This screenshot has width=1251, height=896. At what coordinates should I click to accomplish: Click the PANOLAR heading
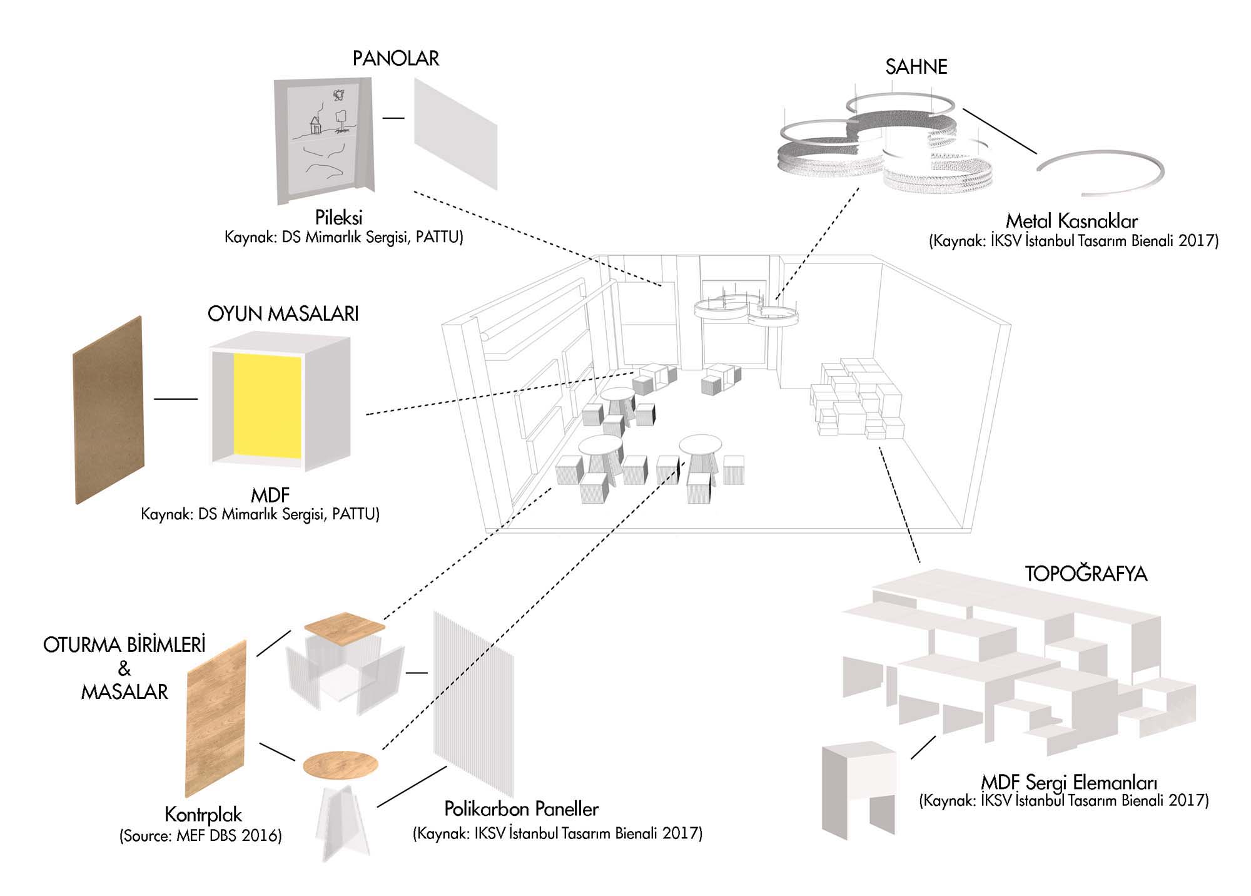coord(395,58)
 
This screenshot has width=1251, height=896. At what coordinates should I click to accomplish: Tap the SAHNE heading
coord(916,66)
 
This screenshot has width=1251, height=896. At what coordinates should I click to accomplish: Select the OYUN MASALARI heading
coord(283,313)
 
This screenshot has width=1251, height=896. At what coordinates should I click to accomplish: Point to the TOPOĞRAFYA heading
coord(1086,574)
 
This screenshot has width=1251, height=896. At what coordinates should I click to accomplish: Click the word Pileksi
coord(338,218)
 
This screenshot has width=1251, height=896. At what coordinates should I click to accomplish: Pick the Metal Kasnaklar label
coord(1071,221)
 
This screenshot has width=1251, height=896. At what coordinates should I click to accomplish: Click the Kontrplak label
coord(203,814)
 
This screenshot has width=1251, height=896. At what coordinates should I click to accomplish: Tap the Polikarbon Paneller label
coord(521,809)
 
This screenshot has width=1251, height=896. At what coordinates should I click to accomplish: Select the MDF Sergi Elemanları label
coord(1068,783)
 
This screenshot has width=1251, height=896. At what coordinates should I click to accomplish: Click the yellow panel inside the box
coord(267,405)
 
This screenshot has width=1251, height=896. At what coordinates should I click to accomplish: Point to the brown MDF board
coord(108,410)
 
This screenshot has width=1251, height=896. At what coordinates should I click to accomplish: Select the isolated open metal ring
coord(1101,171)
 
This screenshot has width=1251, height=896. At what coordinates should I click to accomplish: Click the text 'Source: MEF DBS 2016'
coord(200,836)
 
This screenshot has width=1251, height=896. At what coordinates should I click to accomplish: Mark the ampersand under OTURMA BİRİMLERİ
coord(124,668)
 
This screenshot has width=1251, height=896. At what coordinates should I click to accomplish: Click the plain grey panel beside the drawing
coord(455,133)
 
